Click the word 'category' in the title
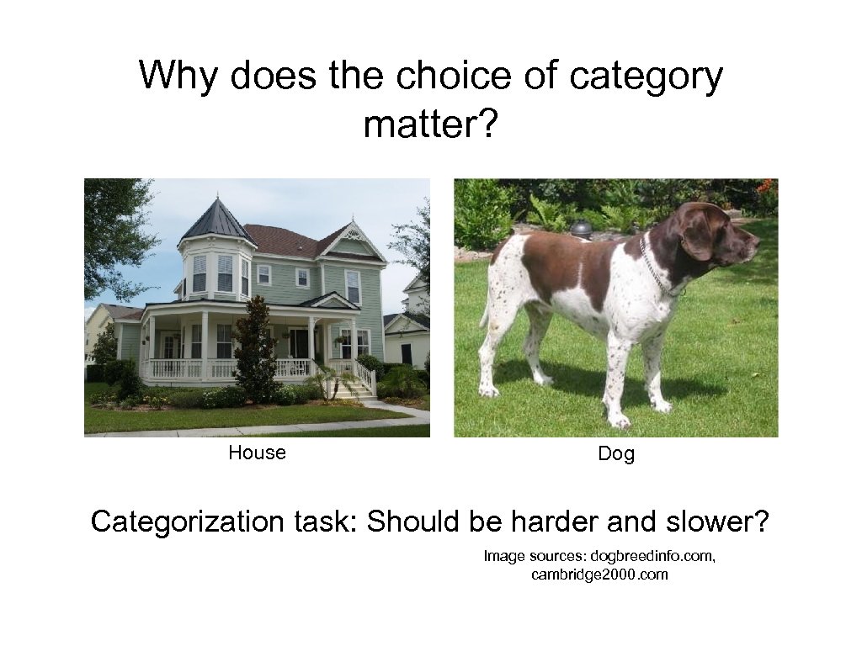coord(646,77)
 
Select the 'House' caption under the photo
coord(257,453)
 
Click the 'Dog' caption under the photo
coord(615,454)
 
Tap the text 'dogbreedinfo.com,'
coord(653,556)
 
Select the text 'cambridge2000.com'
coord(599,575)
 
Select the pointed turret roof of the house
coord(216,220)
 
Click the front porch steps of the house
coord(354,389)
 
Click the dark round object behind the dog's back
coord(581,228)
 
